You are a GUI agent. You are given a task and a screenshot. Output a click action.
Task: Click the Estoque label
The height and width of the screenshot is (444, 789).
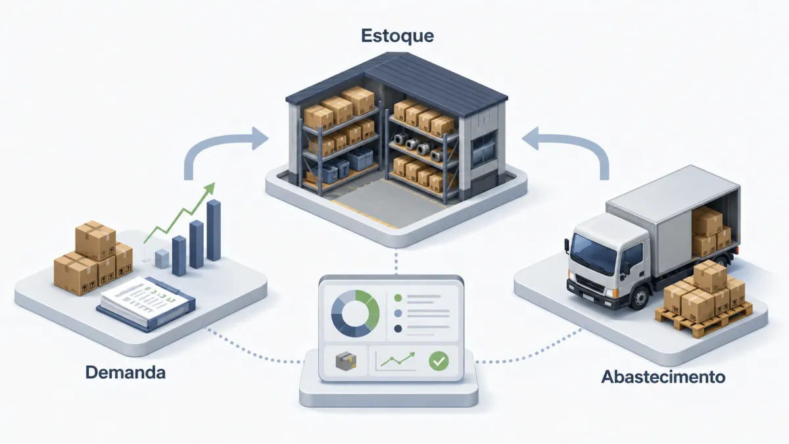(397, 36)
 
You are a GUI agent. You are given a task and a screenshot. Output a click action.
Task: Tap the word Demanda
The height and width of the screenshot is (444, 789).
(126, 372)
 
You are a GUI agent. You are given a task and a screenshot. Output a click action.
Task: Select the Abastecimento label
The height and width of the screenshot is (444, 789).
(663, 377)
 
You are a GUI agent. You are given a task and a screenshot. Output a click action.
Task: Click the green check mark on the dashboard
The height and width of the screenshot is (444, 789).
(439, 360)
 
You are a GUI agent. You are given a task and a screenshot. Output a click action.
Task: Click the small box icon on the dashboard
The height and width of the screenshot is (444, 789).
(346, 361)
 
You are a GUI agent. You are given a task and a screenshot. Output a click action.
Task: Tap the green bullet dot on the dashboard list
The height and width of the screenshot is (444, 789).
(398, 298)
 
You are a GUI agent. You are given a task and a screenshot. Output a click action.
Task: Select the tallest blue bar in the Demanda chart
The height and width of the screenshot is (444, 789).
(214, 230)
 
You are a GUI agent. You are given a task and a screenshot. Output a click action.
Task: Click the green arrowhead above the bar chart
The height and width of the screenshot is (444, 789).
(209, 189)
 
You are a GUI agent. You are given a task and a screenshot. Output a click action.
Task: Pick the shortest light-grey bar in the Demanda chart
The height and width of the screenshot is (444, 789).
(162, 259)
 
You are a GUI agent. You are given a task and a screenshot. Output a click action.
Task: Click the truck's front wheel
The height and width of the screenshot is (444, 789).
(639, 298)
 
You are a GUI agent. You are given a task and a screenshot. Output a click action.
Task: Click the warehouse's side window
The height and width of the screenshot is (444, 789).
(484, 148)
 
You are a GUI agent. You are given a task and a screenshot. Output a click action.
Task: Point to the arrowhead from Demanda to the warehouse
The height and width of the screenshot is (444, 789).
(260, 139)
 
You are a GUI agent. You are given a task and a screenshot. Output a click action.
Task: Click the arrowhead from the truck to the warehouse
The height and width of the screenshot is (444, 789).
(530, 139)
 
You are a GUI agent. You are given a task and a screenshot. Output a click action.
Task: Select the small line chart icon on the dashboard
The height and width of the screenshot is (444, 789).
(396, 360)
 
